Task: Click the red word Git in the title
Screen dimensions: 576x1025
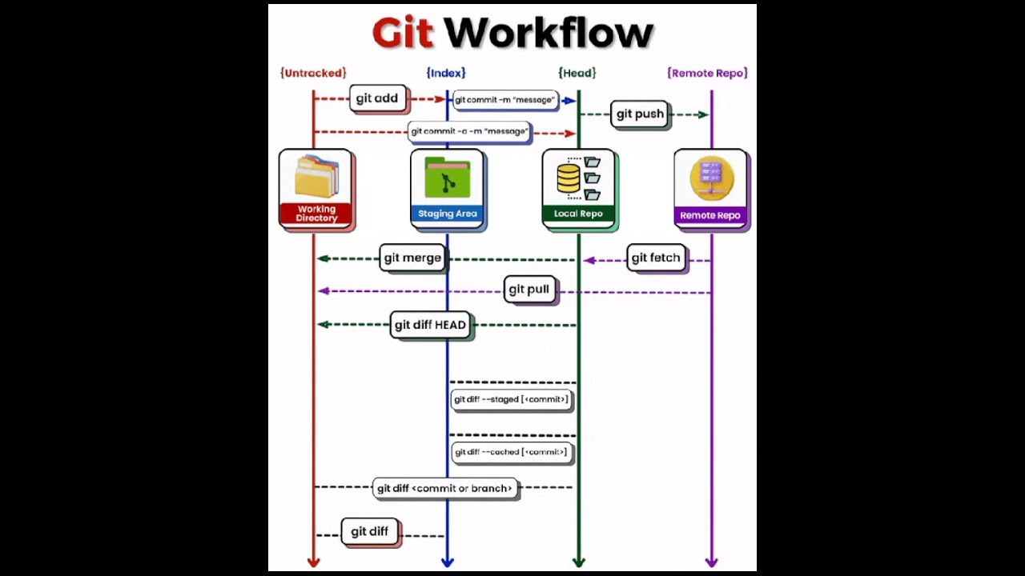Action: click(402, 34)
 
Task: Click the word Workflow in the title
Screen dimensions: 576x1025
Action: click(549, 34)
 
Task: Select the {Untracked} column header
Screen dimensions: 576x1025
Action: click(313, 73)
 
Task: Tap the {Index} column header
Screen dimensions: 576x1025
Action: click(446, 73)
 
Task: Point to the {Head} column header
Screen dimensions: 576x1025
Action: click(577, 73)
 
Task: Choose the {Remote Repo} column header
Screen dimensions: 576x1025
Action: click(707, 73)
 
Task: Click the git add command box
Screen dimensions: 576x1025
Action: click(377, 98)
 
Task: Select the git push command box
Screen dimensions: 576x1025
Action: click(640, 114)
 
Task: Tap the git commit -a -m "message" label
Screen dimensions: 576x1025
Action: click(469, 131)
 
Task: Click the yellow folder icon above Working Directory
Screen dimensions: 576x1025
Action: click(316, 177)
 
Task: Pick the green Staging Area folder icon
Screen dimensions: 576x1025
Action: click(448, 178)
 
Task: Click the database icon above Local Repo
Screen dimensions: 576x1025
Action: click(569, 178)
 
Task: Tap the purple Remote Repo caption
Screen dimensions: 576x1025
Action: click(710, 215)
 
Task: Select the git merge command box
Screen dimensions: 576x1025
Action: click(412, 258)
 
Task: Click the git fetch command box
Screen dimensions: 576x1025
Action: click(656, 258)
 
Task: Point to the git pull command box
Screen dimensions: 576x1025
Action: click(529, 290)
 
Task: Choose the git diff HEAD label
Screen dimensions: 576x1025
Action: click(430, 325)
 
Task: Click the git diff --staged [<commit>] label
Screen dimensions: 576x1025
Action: click(511, 399)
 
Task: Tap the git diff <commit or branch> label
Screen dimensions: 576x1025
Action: click(444, 488)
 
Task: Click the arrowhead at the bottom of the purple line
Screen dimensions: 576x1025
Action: click(711, 562)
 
